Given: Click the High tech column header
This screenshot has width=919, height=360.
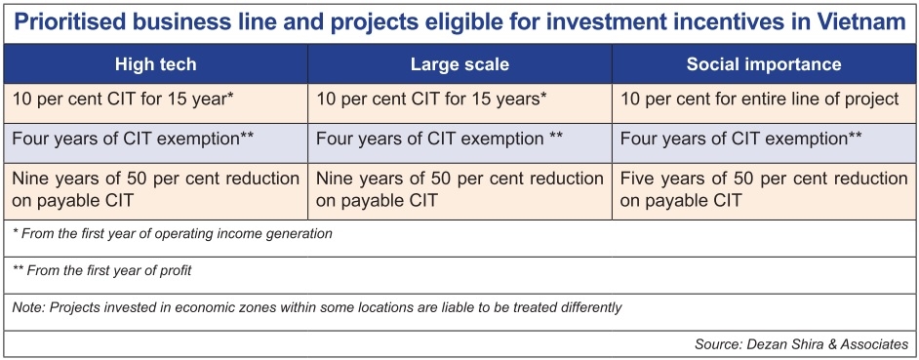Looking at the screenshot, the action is (155, 64).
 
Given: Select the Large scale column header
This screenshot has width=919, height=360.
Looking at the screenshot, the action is (459, 64).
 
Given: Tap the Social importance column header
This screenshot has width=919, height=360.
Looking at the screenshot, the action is (764, 64).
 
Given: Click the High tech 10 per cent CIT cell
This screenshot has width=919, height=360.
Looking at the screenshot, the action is (155, 103).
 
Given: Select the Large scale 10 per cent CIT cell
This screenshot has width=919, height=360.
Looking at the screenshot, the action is (459, 103).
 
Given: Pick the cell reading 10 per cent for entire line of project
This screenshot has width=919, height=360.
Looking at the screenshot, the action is (764, 103).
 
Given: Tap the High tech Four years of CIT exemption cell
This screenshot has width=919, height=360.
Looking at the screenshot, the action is (155, 142).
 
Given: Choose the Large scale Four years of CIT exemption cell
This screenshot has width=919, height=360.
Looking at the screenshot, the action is (459, 142).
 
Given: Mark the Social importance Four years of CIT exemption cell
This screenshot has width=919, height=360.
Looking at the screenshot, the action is (764, 142).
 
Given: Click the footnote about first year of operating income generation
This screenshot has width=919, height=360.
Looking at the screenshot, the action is (173, 234).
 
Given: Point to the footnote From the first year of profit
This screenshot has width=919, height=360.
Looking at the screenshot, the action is (102, 271).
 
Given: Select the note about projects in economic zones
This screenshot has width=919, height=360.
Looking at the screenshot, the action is (316, 307).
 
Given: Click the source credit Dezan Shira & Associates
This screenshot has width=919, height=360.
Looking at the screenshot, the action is (801, 344).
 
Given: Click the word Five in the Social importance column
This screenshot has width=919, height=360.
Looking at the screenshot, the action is (639, 179).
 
